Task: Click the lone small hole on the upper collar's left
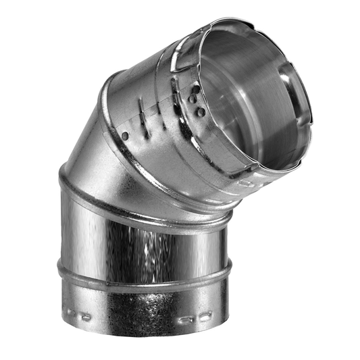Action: coord(126,135)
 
